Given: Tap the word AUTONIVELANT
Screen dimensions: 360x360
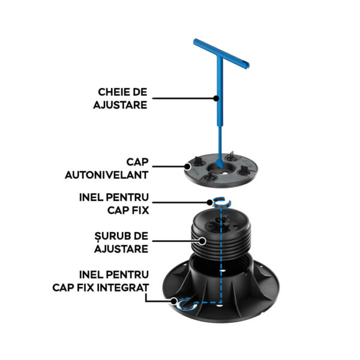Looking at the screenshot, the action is click(x=107, y=175).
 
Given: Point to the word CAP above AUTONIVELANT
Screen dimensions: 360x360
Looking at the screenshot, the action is click(x=137, y=162).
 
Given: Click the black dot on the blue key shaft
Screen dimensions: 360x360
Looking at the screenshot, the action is click(x=216, y=98).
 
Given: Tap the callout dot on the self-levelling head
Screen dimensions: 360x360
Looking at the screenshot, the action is click(x=188, y=166).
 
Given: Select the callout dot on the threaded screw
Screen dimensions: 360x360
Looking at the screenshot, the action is click(x=202, y=241).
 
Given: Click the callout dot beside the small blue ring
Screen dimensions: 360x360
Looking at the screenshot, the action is click(x=209, y=203).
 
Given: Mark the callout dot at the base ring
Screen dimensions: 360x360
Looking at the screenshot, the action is click(x=174, y=301).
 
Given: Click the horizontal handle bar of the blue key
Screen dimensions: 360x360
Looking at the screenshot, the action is click(x=221, y=53).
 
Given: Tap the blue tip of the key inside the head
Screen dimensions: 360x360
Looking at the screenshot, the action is click(x=220, y=163).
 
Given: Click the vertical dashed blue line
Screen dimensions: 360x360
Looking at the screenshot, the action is click(x=221, y=254).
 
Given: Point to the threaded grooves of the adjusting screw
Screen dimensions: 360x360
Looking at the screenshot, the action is click(x=221, y=244).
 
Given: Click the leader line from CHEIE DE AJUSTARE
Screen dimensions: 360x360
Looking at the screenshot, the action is click(x=183, y=98).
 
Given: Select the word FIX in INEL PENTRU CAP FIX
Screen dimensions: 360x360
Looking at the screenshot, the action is click(x=140, y=211).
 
